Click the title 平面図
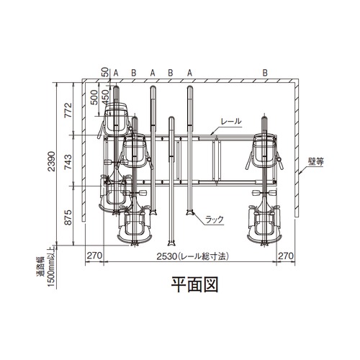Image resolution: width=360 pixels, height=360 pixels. pyautogui.click(x=194, y=284)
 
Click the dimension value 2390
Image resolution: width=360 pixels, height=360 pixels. pyautogui.click(x=51, y=161)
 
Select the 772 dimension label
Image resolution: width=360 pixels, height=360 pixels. pyautogui.click(x=68, y=110)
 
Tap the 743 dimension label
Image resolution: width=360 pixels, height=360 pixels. pyautogui.click(x=68, y=162)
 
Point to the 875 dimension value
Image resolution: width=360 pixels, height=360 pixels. pyautogui.click(x=68, y=217)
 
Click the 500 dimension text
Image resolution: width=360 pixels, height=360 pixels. pyautogui.click(x=94, y=97)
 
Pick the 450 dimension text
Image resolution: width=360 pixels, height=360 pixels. pyautogui.click(x=105, y=97)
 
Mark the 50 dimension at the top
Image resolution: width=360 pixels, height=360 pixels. pyautogui.click(x=104, y=72)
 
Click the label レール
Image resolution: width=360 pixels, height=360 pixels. pyautogui.click(x=231, y=121)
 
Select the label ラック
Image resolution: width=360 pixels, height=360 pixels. pyautogui.click(x=215, y=220)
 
